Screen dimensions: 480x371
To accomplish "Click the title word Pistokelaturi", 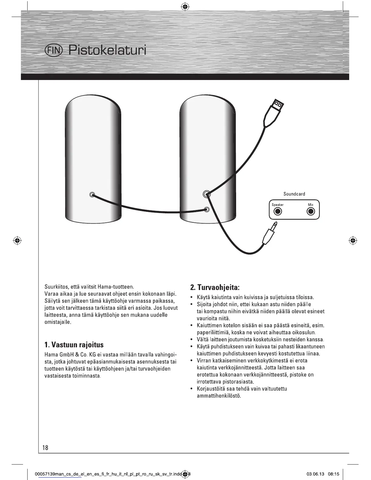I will click(107, 50).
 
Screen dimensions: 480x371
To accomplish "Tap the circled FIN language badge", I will click(53, 50).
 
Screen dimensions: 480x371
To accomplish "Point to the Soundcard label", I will click(294, 194).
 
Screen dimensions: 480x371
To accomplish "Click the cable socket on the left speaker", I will click(92, 195).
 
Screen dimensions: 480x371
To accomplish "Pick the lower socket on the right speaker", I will click(207, 209).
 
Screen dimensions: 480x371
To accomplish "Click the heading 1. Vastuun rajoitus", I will click(74, 345).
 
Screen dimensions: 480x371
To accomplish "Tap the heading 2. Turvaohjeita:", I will click(215, 287).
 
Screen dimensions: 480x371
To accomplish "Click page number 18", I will click(45, 448).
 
